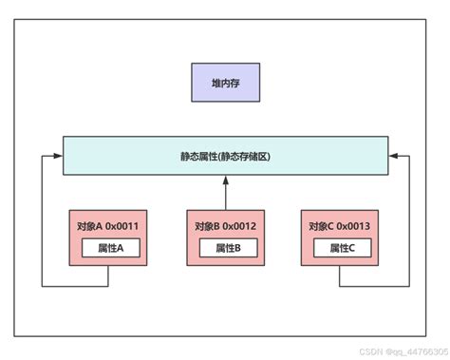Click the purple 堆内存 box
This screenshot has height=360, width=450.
(224, 84)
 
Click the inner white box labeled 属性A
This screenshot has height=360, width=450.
(110, 248)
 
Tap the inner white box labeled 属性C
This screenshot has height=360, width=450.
(342, 248)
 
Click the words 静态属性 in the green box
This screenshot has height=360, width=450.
(197, 156)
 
